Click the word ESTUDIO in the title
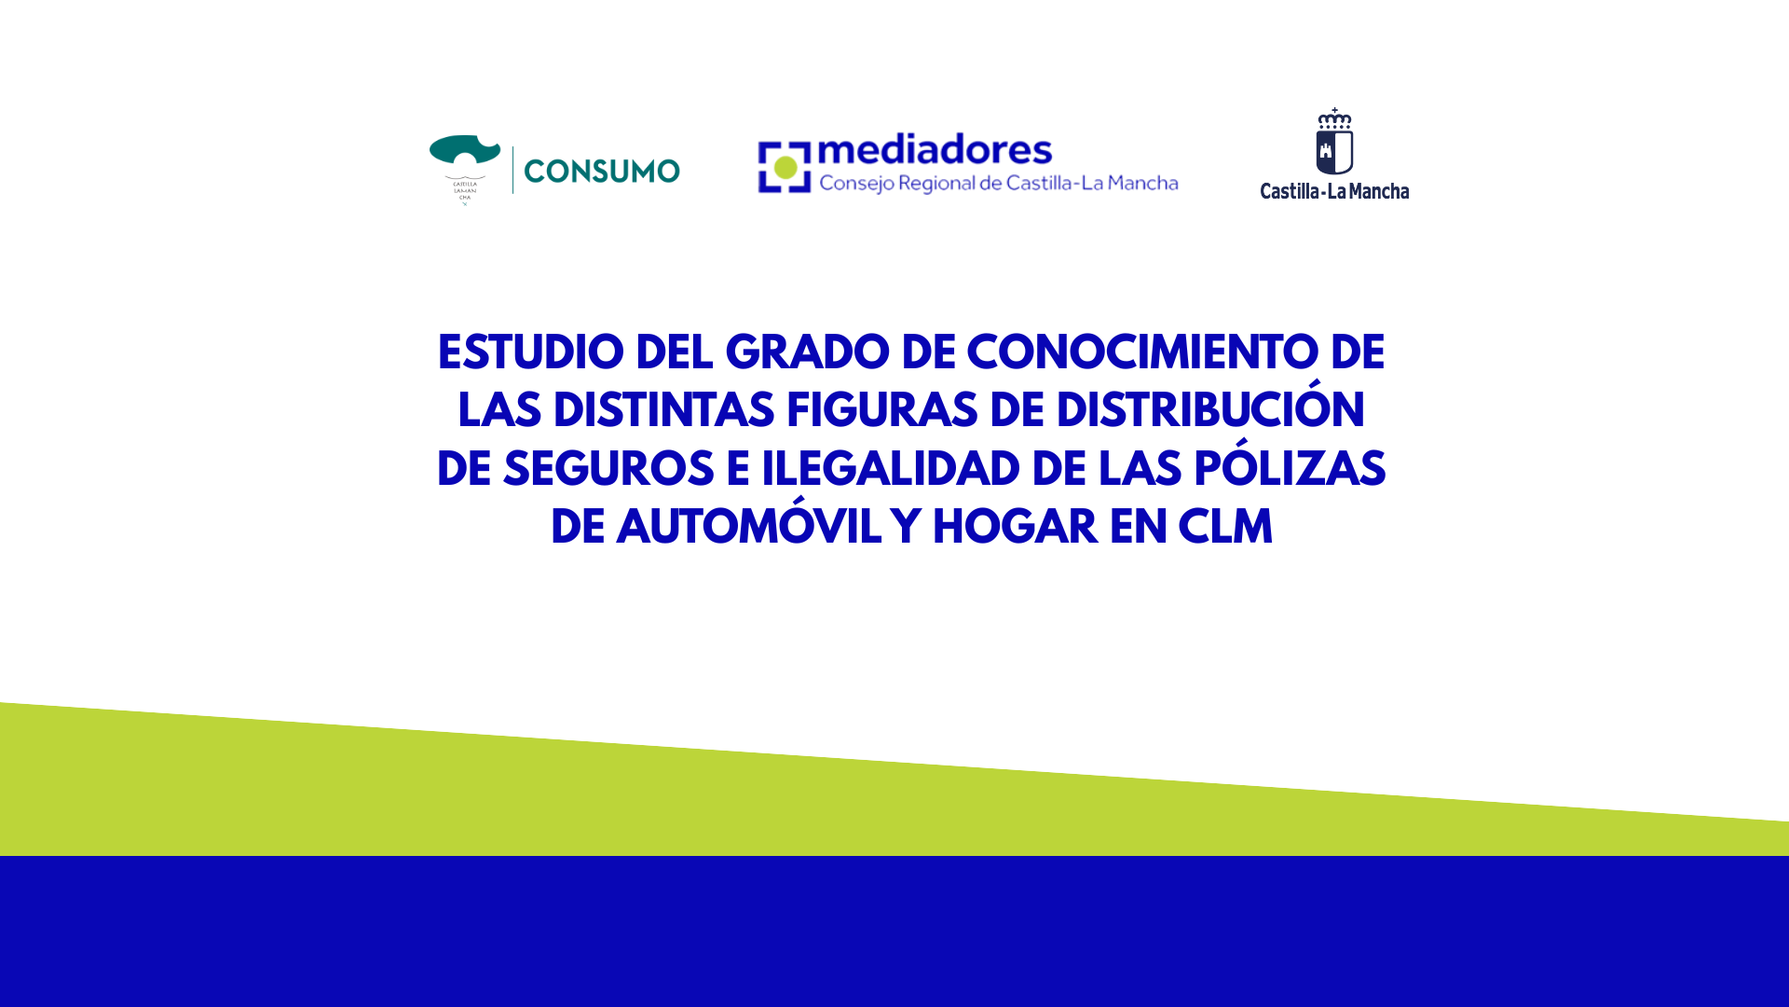pos(530,353)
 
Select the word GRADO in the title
pos(807,353)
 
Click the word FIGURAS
pos(881,411)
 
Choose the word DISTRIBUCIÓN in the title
pos(1209,407)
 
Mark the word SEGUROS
pos(608,470)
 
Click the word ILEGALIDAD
pos(891,470)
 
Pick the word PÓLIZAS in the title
pos(1290,465)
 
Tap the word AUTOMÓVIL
pos(748,524)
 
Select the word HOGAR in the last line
pos(1015,528)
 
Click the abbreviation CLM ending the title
pos(1225,528)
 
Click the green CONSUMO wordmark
pos(602,172)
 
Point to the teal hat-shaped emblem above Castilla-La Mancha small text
pos(465,154)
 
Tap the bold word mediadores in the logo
pos(935,149)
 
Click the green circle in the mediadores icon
pos(785,168)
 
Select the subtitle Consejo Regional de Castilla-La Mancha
pos(999,184)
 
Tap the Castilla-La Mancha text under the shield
pos(1334,191)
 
